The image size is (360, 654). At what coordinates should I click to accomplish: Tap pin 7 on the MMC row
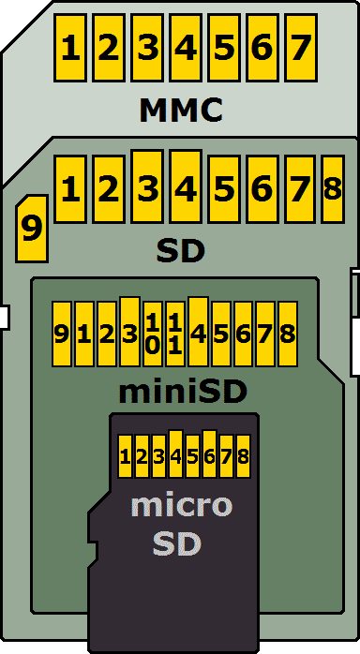300,48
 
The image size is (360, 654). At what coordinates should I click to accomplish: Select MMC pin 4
185,48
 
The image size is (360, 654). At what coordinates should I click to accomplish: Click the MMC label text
181,111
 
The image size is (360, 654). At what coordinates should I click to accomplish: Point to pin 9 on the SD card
32,229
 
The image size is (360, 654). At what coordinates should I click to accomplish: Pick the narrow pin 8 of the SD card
332,188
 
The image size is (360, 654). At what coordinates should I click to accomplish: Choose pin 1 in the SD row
69,189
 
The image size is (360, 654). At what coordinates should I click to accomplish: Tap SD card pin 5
223,189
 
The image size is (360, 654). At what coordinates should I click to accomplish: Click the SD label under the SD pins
180,251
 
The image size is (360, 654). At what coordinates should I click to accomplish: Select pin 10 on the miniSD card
153,334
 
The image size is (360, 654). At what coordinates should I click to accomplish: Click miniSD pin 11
175,334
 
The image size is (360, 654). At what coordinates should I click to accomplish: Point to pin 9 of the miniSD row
62,334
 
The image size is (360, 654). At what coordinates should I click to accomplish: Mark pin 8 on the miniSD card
288,334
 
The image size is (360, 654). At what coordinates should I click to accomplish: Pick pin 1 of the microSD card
126,457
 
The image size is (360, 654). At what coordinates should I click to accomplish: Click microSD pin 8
244,457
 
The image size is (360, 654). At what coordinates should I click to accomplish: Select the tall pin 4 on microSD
175,455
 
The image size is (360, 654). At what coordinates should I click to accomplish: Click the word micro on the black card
180,506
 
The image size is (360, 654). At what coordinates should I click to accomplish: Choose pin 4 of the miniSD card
198,333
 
